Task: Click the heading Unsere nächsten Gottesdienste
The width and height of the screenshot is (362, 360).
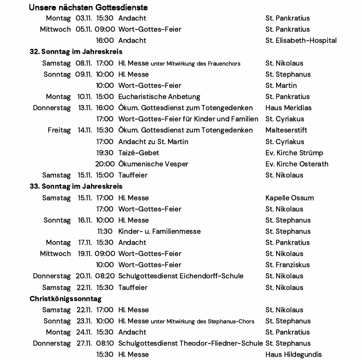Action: [x=88, y=7]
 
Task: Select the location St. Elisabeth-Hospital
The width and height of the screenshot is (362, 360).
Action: [x=301, y=40]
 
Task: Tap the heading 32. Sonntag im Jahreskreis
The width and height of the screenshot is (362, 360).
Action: [x=76, y=52]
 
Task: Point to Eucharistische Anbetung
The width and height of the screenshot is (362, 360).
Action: [x=159, y=97]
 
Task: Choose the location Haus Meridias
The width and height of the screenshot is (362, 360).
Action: [x=288, y=108]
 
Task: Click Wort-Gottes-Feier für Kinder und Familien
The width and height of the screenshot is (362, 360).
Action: [x=188, y=119]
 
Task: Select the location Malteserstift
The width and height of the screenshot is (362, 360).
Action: [x=286, y=130]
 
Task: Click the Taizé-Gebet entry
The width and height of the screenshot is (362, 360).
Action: [x=138, y=153]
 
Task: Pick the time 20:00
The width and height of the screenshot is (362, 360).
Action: [x=104, y=164]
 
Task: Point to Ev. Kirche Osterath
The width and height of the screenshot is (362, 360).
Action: [x=297, y=164]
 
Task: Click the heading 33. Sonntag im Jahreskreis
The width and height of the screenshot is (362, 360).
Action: [x=76, y=186]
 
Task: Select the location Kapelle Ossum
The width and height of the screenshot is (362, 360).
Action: [x=289, y=198]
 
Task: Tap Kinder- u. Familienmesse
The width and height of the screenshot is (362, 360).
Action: [x=159, y=231]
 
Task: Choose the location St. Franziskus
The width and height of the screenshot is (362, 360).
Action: [x=287, y=265]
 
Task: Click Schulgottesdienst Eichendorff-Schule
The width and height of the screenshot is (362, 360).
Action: [x=181, y=276]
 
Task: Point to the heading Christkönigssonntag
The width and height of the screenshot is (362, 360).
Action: [x=65, y=299]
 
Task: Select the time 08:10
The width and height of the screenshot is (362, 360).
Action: [x=105, y=343]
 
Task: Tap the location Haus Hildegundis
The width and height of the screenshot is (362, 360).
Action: [x=293, y=354]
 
